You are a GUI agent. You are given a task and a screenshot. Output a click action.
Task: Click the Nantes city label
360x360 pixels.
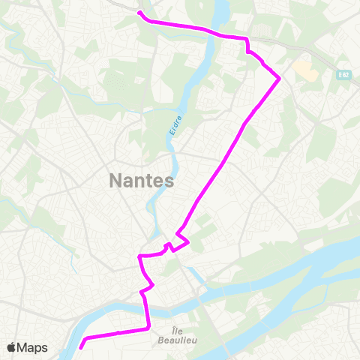[x=142, y=181]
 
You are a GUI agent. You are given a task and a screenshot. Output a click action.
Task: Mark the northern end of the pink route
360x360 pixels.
[x=140, y=13]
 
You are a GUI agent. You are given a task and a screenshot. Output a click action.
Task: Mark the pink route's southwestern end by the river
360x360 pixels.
[x=81, y=347]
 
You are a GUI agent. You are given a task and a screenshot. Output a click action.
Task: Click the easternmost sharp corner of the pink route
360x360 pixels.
[x=279, y=78]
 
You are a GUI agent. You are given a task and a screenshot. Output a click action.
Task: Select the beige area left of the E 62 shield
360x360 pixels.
[x=305, y=70]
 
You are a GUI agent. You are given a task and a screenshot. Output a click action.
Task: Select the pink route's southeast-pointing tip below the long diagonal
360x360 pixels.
[x=188, y=242]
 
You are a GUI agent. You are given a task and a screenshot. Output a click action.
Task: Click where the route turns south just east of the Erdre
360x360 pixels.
[x=247, y=39]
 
